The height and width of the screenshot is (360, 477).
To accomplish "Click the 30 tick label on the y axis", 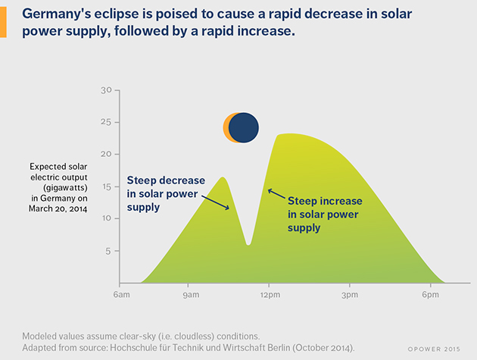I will coord(106,90).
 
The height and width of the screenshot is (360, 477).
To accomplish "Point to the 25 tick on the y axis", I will coord(106,122).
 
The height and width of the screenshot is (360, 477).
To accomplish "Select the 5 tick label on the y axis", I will coord(108,251).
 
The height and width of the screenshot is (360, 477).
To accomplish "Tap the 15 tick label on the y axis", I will coord(106,186).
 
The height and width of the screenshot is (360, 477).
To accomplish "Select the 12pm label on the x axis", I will coord(269,294).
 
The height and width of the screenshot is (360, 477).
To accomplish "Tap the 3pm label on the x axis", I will coord(348,294).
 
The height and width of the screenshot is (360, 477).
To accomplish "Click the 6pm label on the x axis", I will coord(428,294).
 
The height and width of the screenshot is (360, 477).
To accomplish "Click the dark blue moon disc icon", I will coord(245,127).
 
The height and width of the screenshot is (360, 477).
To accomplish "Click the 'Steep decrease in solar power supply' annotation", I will coord(165,193).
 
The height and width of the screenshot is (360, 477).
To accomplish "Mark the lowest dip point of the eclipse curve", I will coord(248,244).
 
